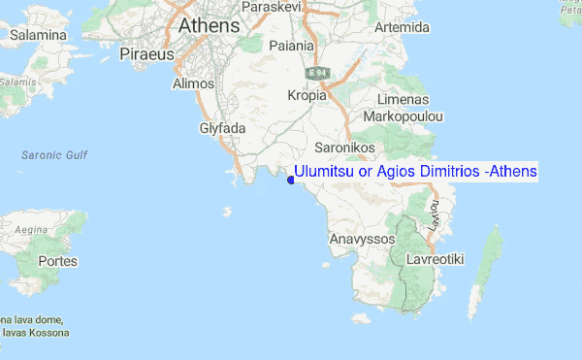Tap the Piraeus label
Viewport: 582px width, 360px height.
(145, 55)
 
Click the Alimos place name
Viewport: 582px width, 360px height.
(192, 84)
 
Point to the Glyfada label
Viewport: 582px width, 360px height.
(223, 128)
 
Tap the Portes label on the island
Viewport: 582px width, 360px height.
(57, 261)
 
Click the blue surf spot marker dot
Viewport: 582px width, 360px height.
(289, 178)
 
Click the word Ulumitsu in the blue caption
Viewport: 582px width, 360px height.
(324, 172)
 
